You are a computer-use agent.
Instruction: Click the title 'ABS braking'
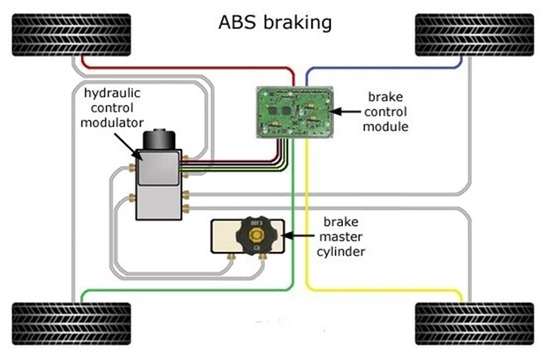pos(275,22)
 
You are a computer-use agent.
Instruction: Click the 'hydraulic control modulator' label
pos(112,107)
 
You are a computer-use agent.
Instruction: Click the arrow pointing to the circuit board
pos(346,112)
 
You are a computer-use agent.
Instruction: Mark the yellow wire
pos(381,290)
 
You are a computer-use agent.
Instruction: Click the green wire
pos(190,290)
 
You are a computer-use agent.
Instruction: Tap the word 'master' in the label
pos(341,237)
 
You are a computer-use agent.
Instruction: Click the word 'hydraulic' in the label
pos(112,93)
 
